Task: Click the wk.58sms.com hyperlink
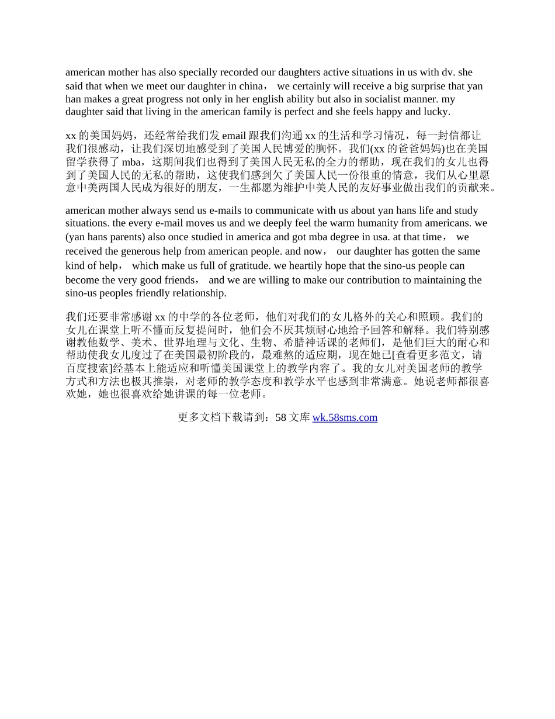pos(345,417)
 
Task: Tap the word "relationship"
pos(197,293)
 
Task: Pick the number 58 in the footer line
pos(280,417)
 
